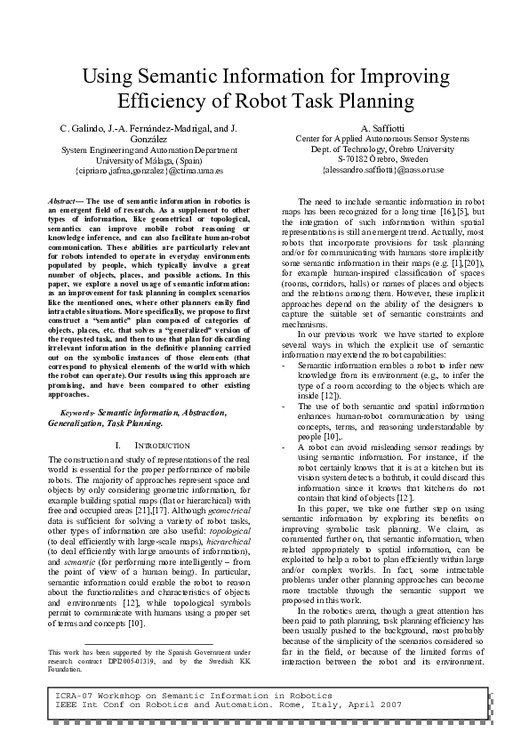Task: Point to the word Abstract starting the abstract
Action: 63,203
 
